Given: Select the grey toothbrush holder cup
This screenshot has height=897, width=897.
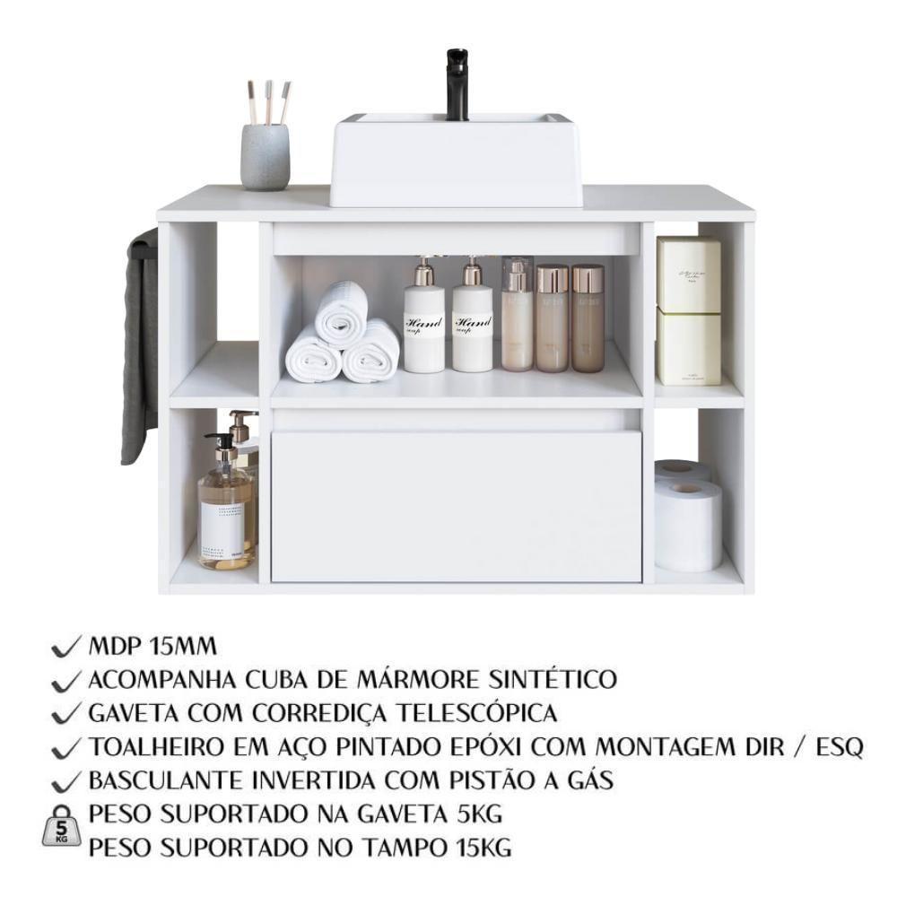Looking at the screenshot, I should click(x=265, y=156).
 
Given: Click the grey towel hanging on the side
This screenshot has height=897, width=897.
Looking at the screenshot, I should click(x=140, y=345).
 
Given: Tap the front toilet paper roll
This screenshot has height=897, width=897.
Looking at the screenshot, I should click(x=688, y=524).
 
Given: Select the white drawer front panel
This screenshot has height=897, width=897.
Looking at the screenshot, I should click(x=456, y=506).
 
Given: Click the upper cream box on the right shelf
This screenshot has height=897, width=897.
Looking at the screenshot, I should click(x=688, y=274).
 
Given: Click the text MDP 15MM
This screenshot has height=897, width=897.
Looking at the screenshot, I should click(x=153, y=647).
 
